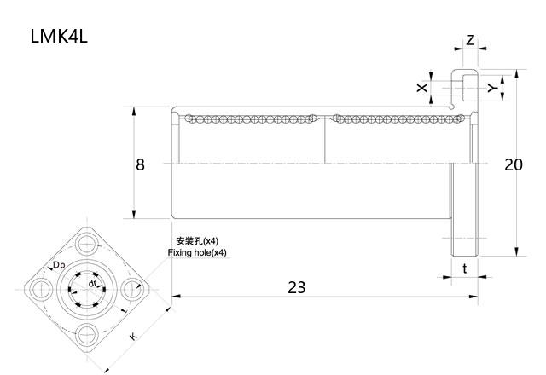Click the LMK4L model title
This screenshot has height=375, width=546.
[59, 36]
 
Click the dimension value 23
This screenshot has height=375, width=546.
[297, 287]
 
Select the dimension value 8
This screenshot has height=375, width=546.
[140, 164]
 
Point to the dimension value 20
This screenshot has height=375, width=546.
[514, 164]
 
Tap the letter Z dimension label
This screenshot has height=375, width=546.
[470, 40]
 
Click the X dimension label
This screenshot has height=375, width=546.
[422, 88]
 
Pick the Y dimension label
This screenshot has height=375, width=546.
[492, 88]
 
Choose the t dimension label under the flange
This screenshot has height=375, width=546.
[465, 268]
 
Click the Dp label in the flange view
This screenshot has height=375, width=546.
[59, 265]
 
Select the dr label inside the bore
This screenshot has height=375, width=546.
[92, 283]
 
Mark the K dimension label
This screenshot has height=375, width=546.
[133, 336]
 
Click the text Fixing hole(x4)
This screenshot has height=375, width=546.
[197, 252]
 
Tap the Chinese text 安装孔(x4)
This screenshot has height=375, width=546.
[197, 240]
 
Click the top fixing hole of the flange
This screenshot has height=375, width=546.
[87, 244]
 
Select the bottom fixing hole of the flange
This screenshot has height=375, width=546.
[87, 335]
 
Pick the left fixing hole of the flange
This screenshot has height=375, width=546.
[41, 289]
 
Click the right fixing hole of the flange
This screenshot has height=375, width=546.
[132, 289]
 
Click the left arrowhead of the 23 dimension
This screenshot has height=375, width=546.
[177, 297]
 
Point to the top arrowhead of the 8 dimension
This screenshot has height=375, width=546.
[134, 112]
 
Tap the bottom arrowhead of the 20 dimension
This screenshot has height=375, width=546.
[516, 252]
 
